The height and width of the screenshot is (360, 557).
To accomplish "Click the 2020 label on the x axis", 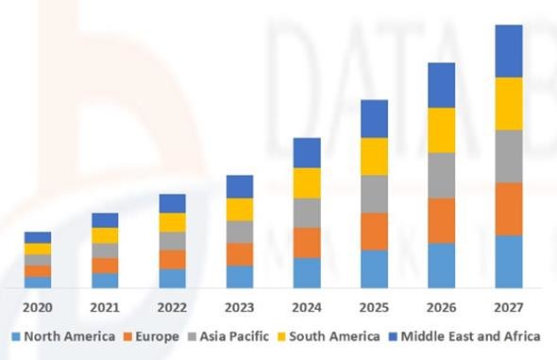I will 38,307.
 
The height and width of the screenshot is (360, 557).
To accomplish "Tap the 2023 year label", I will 240,307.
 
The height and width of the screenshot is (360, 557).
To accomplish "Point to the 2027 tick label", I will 509,307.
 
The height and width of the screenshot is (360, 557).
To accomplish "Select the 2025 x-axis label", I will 374,307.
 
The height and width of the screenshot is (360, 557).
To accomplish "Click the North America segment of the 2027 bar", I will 509,262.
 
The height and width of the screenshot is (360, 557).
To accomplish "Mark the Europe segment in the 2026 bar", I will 442,220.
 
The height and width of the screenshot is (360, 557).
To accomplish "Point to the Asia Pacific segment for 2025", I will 374,194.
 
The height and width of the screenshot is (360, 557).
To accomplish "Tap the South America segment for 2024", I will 307,182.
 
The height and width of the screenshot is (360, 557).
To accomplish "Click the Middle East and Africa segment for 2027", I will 509,51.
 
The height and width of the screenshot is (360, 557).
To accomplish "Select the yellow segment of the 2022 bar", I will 172,222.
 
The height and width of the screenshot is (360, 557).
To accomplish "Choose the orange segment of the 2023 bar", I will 240,254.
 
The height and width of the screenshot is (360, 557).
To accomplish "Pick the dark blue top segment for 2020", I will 38,237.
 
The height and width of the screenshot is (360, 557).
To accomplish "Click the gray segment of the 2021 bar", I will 105,250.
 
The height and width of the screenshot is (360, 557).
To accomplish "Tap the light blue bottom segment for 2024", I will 307,273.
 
